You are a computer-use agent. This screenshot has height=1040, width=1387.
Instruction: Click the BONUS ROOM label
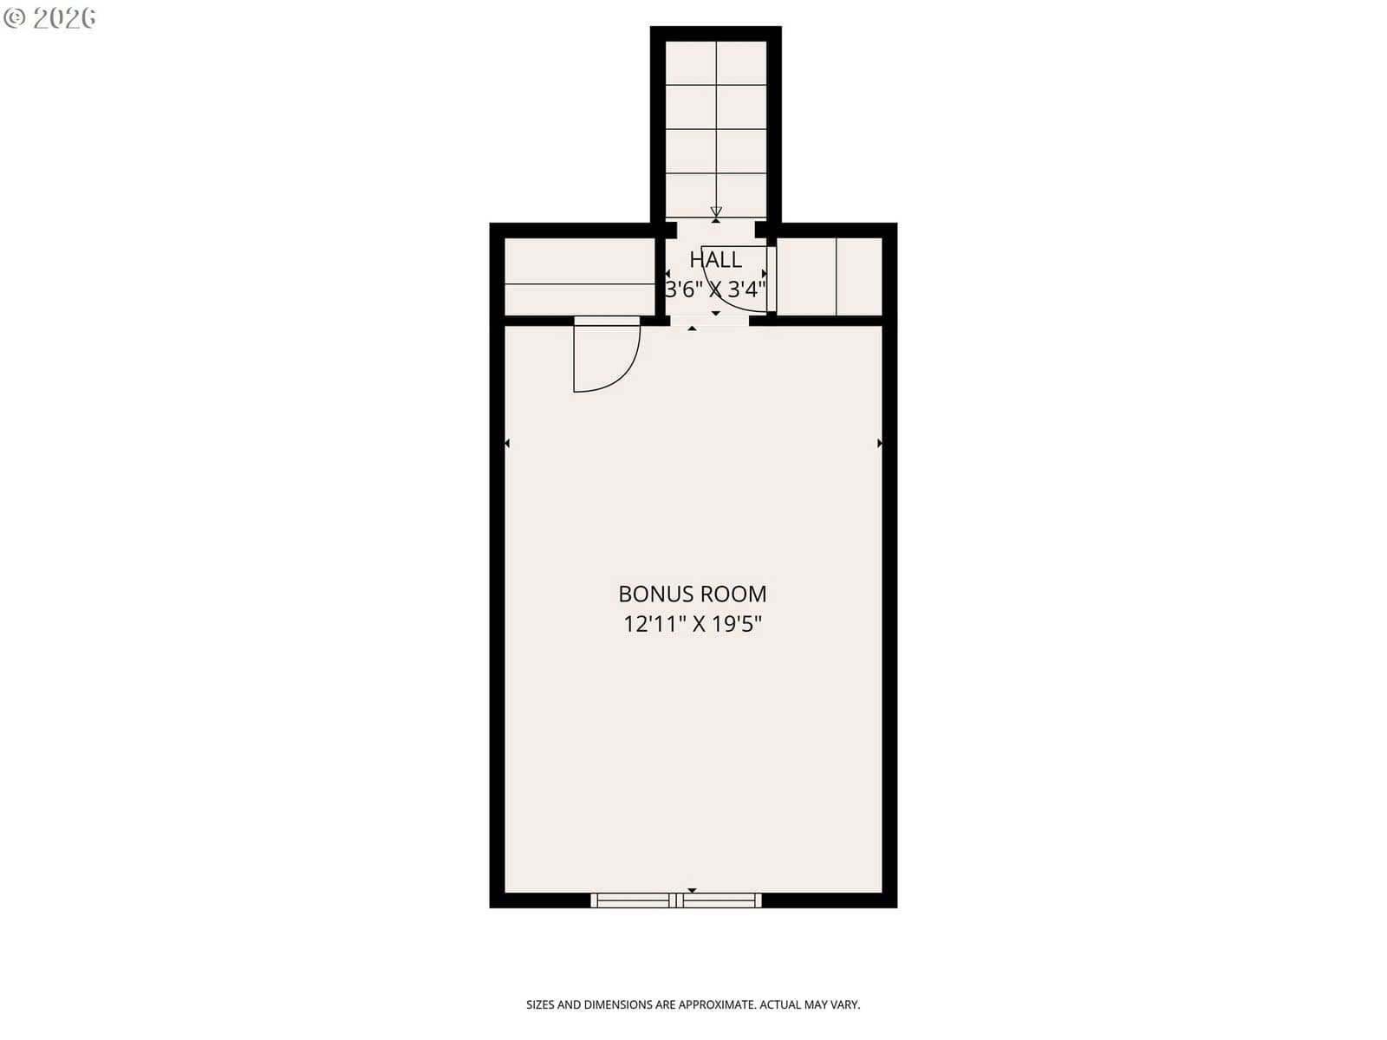692,595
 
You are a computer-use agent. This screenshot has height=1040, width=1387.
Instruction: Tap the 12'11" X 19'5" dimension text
692,625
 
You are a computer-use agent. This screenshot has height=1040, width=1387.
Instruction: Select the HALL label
715,259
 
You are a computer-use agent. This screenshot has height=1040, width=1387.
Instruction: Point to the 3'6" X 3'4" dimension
715,289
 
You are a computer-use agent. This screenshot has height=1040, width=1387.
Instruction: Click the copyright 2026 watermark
49,18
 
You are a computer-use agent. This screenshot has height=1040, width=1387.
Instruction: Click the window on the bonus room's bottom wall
675,900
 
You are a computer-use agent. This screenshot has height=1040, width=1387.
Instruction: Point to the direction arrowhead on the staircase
715,211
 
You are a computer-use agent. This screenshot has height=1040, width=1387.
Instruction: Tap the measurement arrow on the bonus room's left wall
507,444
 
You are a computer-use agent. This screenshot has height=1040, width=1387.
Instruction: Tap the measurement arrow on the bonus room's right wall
880,444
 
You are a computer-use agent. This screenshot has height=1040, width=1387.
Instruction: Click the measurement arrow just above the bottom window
692,890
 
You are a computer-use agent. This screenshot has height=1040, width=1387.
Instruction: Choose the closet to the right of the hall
829,276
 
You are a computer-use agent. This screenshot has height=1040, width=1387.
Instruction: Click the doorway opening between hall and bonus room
709,321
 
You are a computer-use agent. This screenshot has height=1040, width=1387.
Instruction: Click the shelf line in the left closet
579,284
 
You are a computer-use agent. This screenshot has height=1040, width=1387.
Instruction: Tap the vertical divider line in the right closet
836,276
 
